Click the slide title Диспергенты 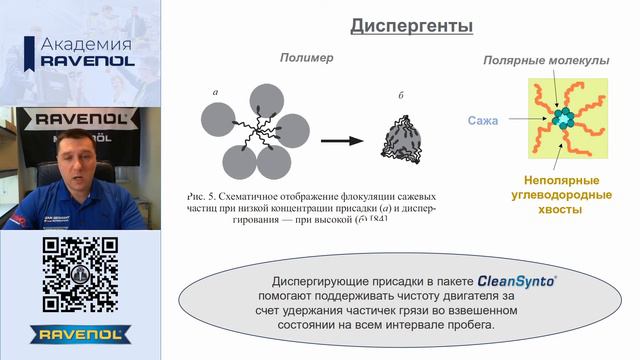411,26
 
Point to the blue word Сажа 482,121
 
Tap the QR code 79,276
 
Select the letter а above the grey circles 215,93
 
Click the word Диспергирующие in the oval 323,281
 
